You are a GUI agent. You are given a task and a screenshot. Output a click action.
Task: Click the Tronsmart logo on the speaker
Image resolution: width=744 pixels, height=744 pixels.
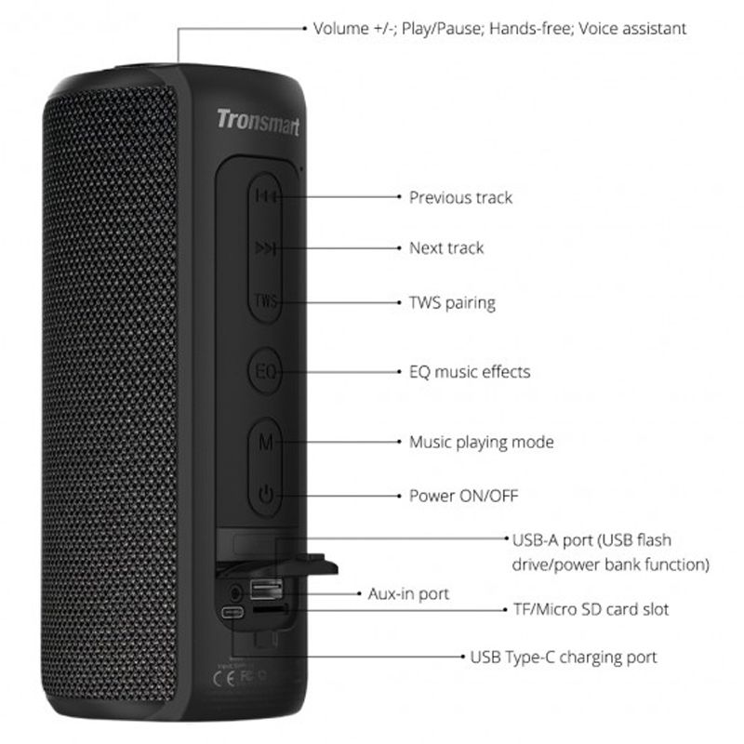(259, 122)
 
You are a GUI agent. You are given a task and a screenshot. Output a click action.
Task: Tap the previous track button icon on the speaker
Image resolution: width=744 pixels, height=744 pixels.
(265, 195)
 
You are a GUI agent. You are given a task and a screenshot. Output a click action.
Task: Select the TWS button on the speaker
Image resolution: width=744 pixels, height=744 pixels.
(265, 300)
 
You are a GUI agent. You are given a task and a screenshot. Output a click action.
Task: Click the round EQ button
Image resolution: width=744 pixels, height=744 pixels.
(265, 370)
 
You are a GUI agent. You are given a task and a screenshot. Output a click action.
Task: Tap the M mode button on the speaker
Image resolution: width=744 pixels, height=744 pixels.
(265, 443)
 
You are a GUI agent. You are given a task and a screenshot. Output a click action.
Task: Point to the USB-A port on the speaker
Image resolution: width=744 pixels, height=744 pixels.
(266, 590)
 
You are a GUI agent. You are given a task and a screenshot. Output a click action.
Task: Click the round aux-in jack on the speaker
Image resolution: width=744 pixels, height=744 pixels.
(235, 592)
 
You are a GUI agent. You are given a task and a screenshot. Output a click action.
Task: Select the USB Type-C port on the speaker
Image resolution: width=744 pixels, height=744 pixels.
(232, 612)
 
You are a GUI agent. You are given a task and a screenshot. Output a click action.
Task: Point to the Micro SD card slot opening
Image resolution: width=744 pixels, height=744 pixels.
(270, 609)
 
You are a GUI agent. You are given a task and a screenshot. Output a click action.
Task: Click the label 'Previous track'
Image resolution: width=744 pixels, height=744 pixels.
(460, 197)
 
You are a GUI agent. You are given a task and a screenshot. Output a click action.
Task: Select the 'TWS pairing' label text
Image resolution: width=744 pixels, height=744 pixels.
(452, 303)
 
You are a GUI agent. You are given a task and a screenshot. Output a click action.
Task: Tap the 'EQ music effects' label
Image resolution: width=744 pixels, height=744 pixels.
(470, 371)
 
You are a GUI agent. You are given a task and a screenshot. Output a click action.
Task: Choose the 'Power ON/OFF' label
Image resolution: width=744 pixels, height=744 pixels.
(463, 496)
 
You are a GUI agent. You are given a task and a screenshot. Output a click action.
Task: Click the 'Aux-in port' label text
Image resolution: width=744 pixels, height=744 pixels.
(408, 594)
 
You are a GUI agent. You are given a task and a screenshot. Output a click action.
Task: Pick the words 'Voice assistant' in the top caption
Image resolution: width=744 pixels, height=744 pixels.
(632, 29)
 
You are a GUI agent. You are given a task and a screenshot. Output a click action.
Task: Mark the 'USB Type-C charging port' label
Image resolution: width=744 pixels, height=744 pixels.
(564, 658)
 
